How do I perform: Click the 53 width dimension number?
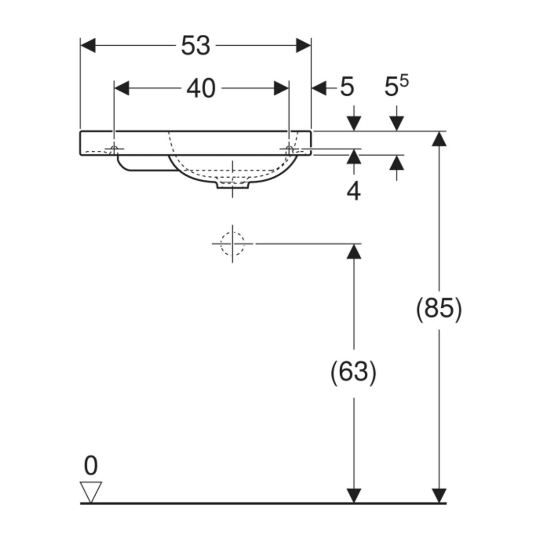(x=195, y=46)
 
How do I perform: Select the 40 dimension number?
(x=201, y=88)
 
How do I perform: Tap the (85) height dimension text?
(x=439, y=309)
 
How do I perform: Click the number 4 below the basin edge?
(x=353, y=191)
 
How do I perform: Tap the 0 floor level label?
(x=91, y=465)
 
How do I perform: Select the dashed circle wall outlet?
(x=233, y=243)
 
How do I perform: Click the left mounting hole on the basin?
(x=114, y=149)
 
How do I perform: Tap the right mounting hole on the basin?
(x=289, y=149)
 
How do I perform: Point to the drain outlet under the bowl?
(x=233, y=184)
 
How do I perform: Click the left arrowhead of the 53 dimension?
(x=88, y=46)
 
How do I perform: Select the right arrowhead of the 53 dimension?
(x=303, y=46)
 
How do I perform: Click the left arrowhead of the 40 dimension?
(x=122, y=88)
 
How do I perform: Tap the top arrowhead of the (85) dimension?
(x=439, y=139)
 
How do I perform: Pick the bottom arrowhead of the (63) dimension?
(x=353, y=496)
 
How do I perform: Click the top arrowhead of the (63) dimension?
(x=353, y=251)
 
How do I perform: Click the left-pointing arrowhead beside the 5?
(x=319, y=88)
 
